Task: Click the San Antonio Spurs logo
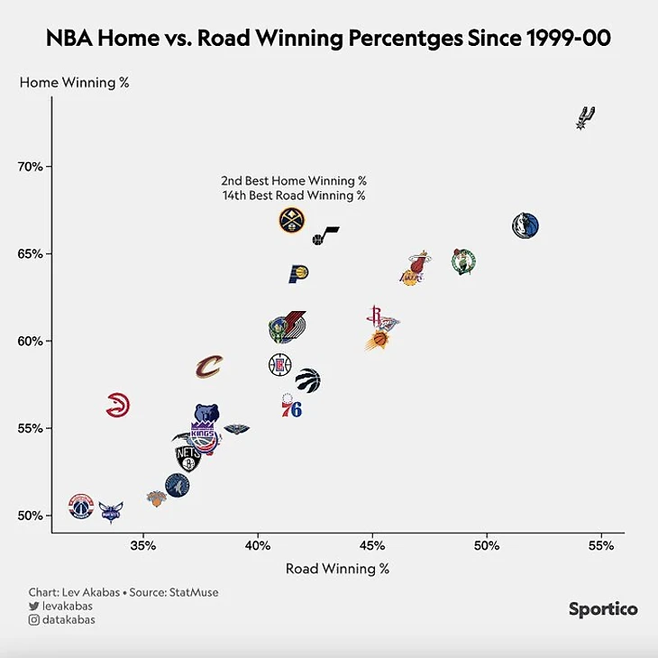point(586,117)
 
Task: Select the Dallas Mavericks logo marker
point(525,225)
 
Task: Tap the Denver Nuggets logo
point(291,220)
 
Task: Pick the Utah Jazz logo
point(325,236)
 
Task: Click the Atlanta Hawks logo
point(117,406)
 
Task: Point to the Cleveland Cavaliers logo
point(209,366)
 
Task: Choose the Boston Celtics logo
point(463,262)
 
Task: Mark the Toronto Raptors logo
point(307,380)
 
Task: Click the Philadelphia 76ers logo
point(290,407)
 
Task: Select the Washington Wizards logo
point(81,506)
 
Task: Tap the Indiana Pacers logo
point(298,274)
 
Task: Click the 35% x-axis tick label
point(143,545)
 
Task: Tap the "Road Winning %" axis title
point(337,569)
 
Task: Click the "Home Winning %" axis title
point(75,83)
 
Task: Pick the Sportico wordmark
point(603,609)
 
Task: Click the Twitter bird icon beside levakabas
point(33,606)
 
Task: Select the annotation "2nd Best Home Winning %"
point(294,181)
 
